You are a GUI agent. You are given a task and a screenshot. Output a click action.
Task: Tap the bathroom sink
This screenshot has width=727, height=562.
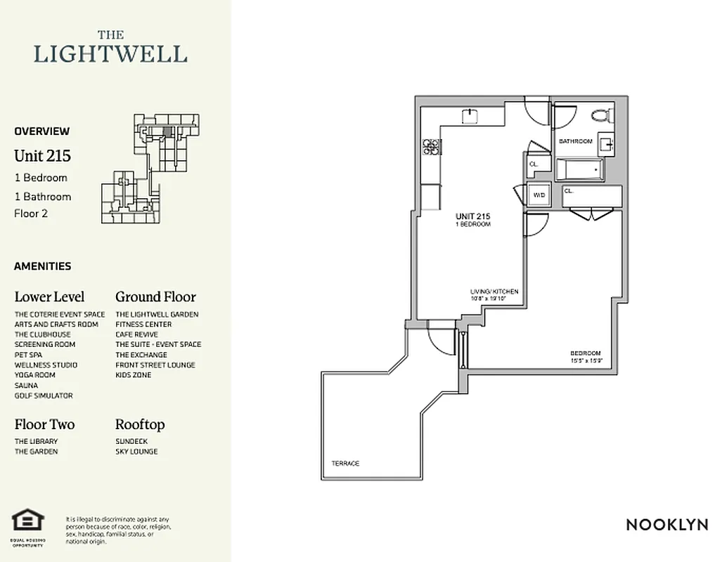pos(607,145)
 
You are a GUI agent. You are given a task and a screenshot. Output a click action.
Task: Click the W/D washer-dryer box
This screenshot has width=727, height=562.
pos(539,195)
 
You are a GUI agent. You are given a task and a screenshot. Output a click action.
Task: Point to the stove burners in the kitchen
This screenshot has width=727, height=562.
pos(430,147)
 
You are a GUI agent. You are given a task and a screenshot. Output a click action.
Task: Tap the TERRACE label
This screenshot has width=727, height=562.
pos(345,464)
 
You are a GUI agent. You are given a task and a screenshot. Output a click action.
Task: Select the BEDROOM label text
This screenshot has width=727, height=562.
pos(585,353)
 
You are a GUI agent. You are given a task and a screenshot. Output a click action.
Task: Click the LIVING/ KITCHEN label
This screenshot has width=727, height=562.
pos(494,291)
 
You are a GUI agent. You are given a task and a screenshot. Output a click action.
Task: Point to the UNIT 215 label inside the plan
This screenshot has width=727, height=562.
pos(472,216)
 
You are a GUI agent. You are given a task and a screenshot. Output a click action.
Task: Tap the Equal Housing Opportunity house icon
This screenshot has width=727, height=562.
pos(28,521)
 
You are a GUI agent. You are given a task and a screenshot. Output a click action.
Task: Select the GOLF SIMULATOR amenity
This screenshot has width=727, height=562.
pos(44,396)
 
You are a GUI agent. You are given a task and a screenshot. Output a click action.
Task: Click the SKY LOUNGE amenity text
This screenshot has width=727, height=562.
pos(136,452)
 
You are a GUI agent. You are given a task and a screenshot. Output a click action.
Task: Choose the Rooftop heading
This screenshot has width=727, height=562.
pos(140,424)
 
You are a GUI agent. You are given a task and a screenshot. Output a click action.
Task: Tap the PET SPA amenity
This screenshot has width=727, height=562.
pos(30,355)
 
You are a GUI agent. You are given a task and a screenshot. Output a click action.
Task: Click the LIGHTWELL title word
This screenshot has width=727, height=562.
pos(110,54)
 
